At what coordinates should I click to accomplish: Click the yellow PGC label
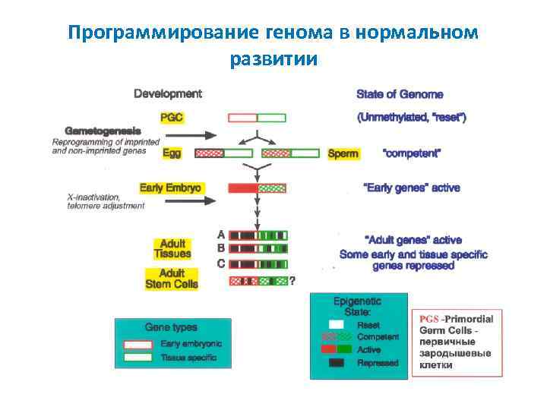click(x=172, y=118)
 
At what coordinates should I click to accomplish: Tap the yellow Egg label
click(x=172, y=153)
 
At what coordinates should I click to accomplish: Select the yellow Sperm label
click(x=343, y=153)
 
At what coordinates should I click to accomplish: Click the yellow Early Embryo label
click(x=172, y=188)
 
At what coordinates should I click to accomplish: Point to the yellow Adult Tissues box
click(x=172, y=248)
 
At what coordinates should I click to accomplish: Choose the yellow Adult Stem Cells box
click(x=172, y=279)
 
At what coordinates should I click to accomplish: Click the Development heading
click(x=168, y=94)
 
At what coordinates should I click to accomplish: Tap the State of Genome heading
click(x=400, y=94)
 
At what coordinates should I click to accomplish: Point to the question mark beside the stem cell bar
click(x=292, y=280)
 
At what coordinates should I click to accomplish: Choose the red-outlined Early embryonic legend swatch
click(x=138, y=344)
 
